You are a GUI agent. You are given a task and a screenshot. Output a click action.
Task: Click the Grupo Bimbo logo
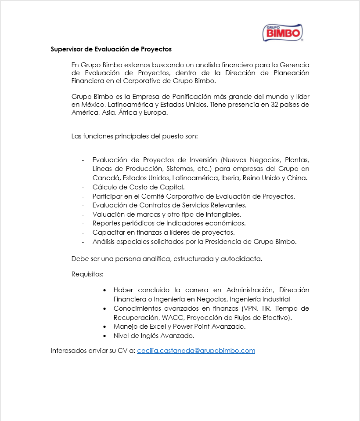283,33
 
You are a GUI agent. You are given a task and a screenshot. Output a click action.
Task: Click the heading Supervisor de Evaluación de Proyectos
111,49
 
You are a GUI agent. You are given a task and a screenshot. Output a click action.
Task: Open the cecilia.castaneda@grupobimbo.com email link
196,351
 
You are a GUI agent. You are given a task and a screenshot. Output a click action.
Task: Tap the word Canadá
106,178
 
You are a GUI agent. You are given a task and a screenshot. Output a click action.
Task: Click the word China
298,178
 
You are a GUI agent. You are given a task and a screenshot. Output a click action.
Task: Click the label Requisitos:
87,275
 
